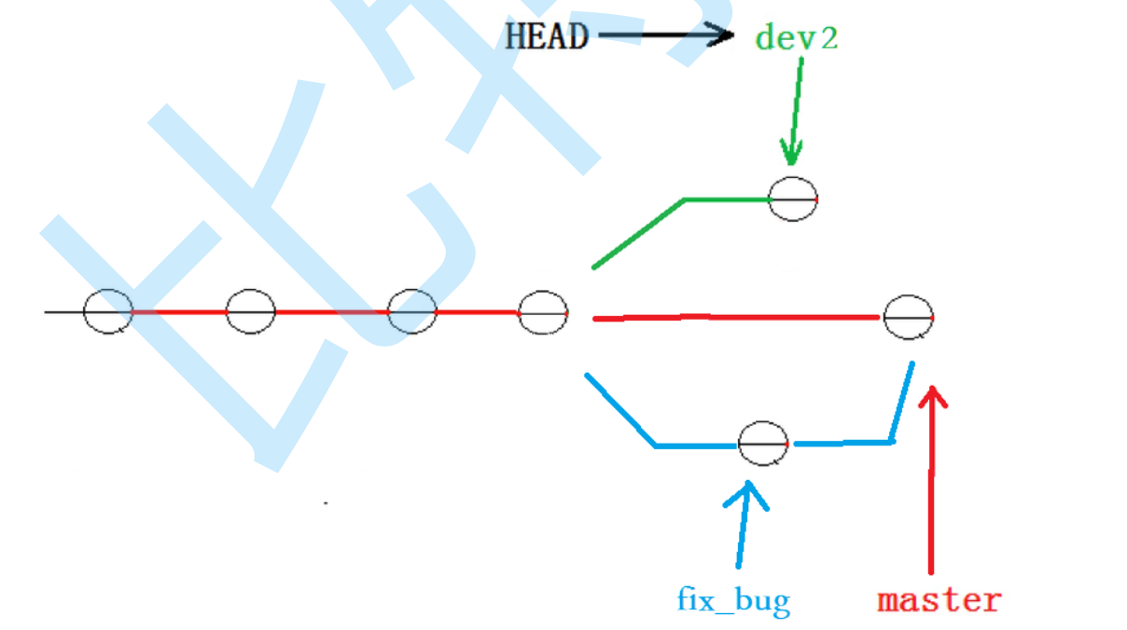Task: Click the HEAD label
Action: coord(547,36)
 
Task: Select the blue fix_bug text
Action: coord(733,598)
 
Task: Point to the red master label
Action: coord(939,599)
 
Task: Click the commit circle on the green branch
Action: coord(793,199)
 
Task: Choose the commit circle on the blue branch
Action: coord(763,444)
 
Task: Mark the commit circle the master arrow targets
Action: coord(909,318)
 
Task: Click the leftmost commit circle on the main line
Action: coord(108,311)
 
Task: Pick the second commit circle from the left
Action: coord(251,311)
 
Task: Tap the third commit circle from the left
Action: coord(412,311)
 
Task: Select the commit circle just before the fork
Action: coord(544,312)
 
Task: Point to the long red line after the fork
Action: coord(737,318)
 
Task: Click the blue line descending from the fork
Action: coord(620,410)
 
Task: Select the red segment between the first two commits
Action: coord(179,311)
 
